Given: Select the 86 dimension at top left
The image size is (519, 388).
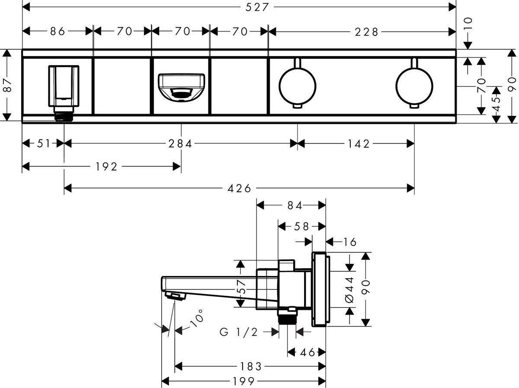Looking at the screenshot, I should click(x=57, y=31).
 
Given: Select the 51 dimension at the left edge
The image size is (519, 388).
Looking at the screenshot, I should click(x=44, y=143).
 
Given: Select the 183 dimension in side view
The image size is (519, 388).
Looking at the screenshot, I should click(x=251, y=367).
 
